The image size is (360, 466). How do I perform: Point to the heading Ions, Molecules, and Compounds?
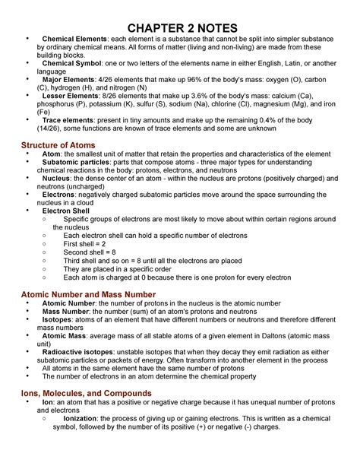(x=86, y=393)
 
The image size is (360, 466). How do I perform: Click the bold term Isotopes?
(x=60, y=321)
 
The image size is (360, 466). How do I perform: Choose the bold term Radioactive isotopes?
(x=83, y=353)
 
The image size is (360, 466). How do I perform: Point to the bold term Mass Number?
(x=68, y=312)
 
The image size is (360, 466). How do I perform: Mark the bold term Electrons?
(x=63, y=195)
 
